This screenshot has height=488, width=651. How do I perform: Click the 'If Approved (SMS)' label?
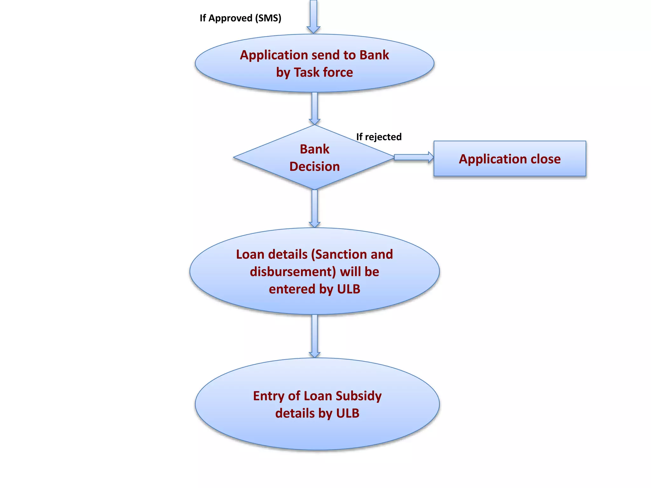(x=240, y=18)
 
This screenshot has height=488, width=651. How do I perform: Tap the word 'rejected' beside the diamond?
(x=383, y=137)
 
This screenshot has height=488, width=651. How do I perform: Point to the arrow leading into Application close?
(x=413, y=157)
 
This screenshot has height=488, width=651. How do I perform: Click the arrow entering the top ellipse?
(x=313, y=16)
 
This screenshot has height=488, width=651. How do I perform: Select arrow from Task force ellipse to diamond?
(x=314, y=108)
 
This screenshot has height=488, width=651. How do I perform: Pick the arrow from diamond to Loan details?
(x=314, y=208)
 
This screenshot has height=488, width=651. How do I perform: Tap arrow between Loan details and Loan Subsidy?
(x=314, y=336)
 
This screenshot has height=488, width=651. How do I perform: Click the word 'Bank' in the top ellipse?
(x=374, y=55)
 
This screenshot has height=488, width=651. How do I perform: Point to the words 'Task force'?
(x=323, y=72)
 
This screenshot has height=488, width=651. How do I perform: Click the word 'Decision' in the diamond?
(x=314, y=166)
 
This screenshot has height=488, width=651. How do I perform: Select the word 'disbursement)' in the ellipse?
(x=292, y=272)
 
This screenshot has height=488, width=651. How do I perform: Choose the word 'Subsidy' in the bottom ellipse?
(x=359, y=396)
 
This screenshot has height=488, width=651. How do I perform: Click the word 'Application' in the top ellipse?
(x=274, y=55)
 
